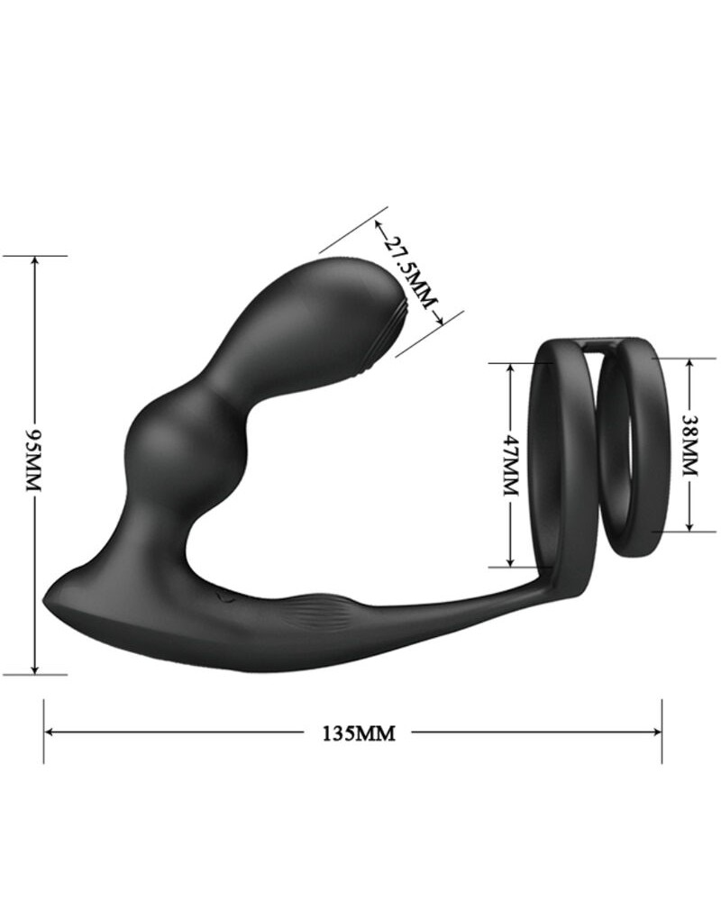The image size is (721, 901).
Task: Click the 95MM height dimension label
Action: (35, 460)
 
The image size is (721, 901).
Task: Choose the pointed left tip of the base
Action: (48, 600)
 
